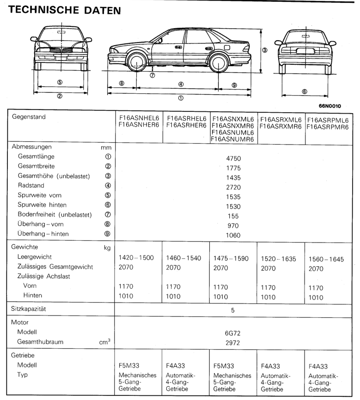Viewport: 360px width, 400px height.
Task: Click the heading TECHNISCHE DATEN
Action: [65, 10]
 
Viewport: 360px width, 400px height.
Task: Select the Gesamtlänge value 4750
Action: [234, 158]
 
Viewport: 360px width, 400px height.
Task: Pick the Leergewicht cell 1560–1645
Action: [326, 259]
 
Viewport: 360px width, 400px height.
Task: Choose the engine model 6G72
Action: [233, 333]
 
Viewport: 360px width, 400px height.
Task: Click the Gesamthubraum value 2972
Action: [233, 343]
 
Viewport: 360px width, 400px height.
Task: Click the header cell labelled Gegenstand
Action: [29, 117]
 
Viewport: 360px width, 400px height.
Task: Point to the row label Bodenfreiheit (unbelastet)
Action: [55, 214]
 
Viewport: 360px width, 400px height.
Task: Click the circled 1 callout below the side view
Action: [181, 97]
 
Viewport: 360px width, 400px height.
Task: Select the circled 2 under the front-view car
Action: [60, 96]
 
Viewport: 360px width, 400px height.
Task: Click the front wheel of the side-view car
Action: [137, 63]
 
